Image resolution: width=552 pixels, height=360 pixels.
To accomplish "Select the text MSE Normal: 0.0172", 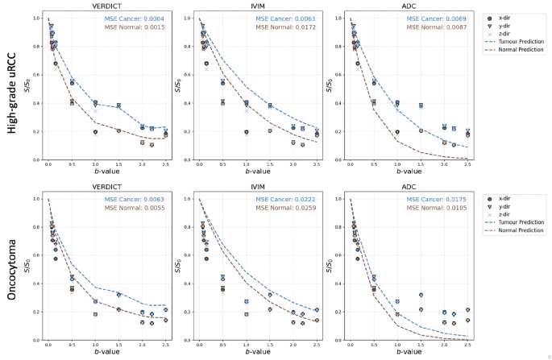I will click(x=286, y=28).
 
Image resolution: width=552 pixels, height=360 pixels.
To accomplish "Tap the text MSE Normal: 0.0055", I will click(x=136, y=209).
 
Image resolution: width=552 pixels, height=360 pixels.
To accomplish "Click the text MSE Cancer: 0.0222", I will click(x=286, y=200).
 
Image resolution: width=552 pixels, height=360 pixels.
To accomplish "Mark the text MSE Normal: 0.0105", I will click(x=436, y=209).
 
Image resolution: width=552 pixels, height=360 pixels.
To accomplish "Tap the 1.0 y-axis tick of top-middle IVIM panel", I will click(x=189, y=18).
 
